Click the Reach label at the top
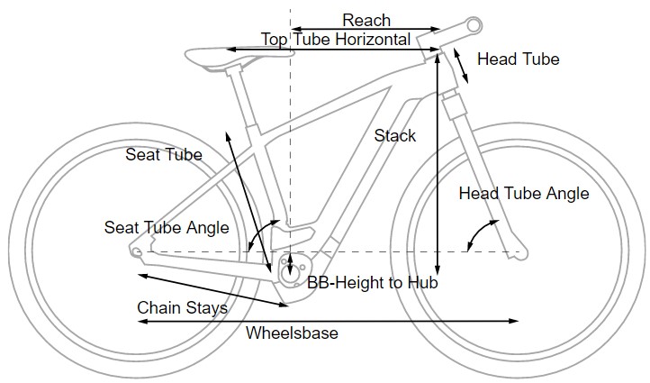coord(366,20)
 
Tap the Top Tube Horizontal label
coord(335,40)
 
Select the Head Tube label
coord(518,59)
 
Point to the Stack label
coord(395,136)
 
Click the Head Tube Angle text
coord(523,194)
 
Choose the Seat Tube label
coord(164,155)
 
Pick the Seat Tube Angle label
coord(167,227)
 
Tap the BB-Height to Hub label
coord(372,283)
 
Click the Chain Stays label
coord(182,307)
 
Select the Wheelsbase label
coord(292,333)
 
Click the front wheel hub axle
coord(515,252)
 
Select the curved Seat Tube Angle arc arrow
coord(256,236)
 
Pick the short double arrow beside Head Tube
coord(460,65)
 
